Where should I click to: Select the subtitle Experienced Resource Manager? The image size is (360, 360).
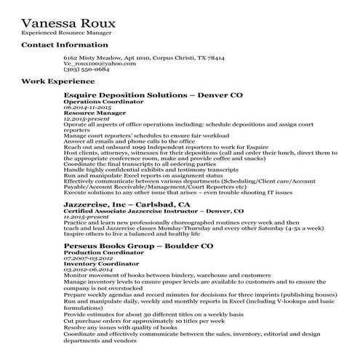(65, 33)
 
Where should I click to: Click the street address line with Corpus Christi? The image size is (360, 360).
(144, 57)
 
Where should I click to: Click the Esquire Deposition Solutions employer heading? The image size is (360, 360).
(153, 95)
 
